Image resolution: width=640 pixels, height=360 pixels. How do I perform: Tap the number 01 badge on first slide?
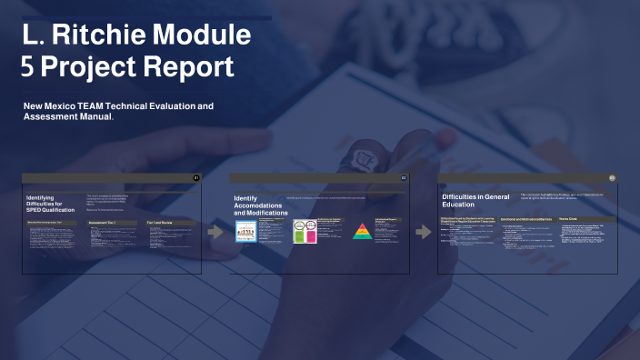pos(196,176)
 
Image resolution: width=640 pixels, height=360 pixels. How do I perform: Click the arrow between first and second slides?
pos(216,232)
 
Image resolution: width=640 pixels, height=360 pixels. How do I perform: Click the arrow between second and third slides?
pos(424,232)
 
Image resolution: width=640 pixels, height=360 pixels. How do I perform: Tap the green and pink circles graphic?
pos(304,233)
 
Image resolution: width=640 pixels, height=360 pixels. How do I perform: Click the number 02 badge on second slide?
pos(404,176)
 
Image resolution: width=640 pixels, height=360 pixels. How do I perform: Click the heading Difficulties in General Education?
pos(475,200)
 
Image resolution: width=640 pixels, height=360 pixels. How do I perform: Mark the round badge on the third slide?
pos(612,177)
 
